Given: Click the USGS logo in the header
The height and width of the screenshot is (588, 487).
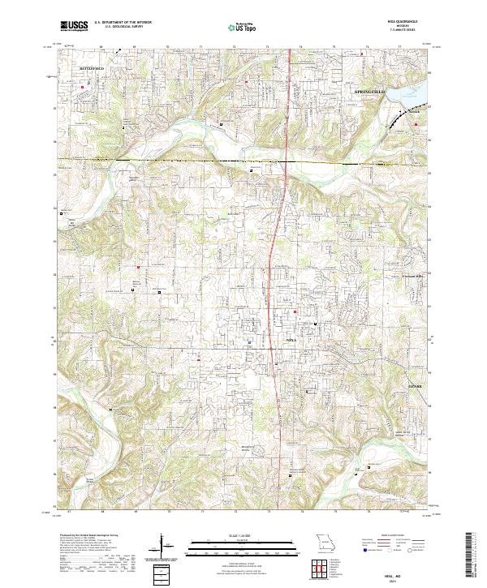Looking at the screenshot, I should pyautogui.click(x=73, y=26).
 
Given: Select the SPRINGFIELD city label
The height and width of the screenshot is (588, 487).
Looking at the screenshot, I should pyautogui.click(x=373, y=93).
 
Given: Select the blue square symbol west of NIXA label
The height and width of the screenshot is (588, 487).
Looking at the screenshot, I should pyautogui.click(x=249, y=341).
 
